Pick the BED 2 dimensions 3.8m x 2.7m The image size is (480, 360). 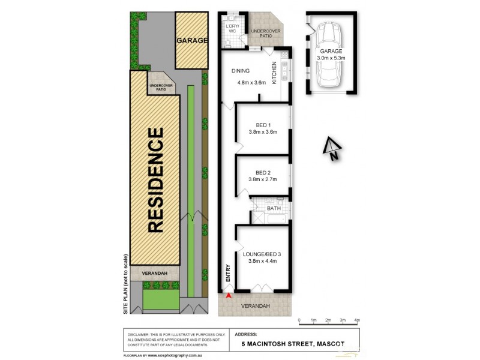click(262, 179)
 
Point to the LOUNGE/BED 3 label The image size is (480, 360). click(263, 254)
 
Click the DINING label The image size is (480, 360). click(241, 71)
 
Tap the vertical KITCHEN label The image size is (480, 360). click(275, 73)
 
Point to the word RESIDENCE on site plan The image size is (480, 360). click(155, 180)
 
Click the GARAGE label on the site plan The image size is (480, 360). click(191, 41)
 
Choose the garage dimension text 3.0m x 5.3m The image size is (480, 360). click(330, 58)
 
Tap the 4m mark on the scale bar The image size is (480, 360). click(357, 320)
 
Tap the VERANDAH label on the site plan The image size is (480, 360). click(154, 274)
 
